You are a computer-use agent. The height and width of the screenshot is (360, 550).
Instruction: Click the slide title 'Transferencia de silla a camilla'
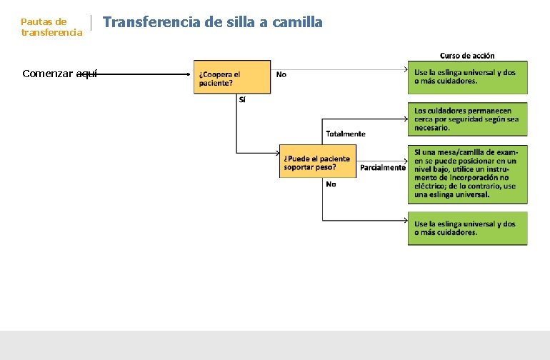tap(213, 22)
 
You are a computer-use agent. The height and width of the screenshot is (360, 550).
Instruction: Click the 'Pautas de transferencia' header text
tap(51, 27)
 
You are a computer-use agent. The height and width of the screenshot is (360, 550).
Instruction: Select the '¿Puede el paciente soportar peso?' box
tap(317, 162)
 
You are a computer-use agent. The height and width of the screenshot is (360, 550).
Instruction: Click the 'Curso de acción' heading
tap(467, 55)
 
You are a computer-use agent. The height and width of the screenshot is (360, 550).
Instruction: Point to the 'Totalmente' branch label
tap(346, 134)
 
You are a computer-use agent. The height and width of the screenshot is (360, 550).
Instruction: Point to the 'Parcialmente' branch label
tap(383, 168)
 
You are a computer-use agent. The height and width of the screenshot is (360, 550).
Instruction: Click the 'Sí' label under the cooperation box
tap(242, 100)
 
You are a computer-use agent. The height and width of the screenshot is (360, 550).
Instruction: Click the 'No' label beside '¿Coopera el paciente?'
tap(281, 74)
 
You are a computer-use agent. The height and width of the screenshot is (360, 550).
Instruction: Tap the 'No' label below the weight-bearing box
tap(331, 184)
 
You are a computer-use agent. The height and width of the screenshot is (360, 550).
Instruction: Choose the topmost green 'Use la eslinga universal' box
tap(468, 77)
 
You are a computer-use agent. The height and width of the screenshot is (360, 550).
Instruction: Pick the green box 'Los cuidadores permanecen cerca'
tap(468, 119)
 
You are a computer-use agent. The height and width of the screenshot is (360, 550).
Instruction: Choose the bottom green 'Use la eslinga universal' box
tap(468, 229)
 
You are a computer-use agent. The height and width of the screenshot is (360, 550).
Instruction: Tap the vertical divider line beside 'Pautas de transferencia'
tap(92, 26)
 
